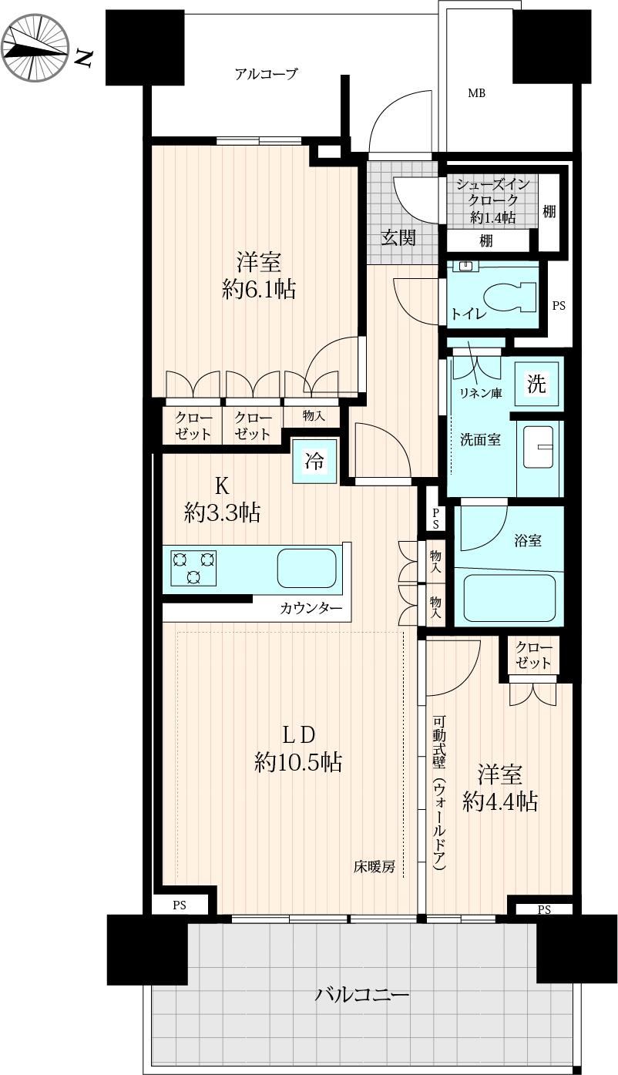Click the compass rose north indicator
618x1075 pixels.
coord(35,49)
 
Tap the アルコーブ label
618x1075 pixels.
coord(267,74)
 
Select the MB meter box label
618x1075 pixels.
coord(476,93)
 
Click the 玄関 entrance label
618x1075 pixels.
coord(398,237)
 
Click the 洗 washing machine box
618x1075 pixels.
coord(537,384)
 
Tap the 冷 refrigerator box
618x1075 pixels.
coord(314,461)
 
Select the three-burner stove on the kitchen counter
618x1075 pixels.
coord(193,568)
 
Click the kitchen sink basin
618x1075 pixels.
coord(307,567)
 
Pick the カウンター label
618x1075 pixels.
coord(311,609)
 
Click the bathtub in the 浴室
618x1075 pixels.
coord(509,598)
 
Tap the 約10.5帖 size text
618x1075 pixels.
coord(298,762)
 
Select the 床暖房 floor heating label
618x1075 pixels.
coord(374,867)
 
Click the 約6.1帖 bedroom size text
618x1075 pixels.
coord(259,290)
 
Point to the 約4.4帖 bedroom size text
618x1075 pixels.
coord(500,801)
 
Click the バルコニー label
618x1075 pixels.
coord(362,995)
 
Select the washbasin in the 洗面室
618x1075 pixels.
coord(538,447)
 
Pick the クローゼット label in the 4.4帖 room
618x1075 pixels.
coord(533,655)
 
